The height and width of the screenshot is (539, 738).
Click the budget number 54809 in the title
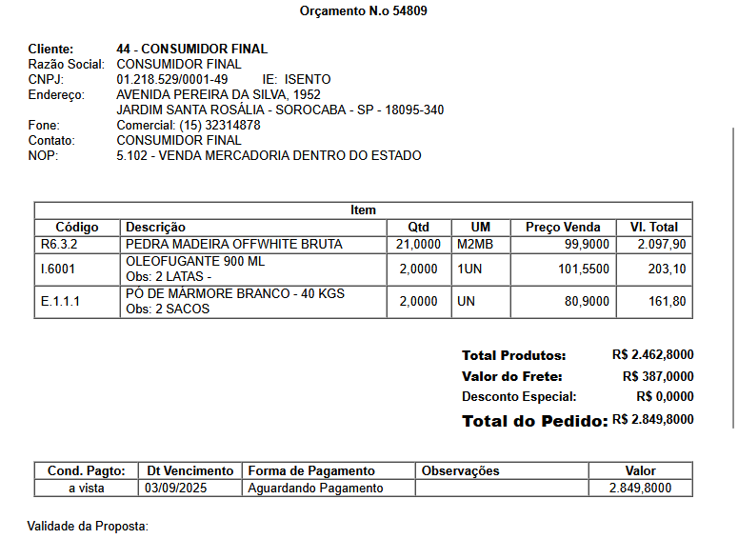click(x=410, y=11)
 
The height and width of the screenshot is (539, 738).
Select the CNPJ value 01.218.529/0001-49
click(x=171, y=79)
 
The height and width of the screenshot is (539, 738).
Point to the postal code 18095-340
click(x=413, y=110)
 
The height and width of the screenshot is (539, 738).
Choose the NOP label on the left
click(x=43, y=155)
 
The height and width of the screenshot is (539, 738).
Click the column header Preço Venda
click(x=563, y=227)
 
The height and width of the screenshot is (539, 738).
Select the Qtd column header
click(x=419, y=227)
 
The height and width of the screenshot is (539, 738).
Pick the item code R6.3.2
click(x=58, y=244)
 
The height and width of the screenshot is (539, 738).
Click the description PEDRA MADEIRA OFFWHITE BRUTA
click(x=233, y=244)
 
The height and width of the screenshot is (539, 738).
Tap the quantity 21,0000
click(x=418, y=244)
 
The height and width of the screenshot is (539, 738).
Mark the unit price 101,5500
click(x=584, y=269)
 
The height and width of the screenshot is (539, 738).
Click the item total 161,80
click(x=667, y=301)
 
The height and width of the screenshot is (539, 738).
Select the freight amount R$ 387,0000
click(x=658, y=376)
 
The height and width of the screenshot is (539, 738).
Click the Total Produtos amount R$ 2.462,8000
click(x=652, y=354)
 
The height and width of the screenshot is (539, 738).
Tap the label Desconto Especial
click(x=519, y=396)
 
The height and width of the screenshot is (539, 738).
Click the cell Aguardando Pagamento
click(x=315, y=488)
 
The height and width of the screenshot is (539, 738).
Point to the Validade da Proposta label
click(x=88, y=526)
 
